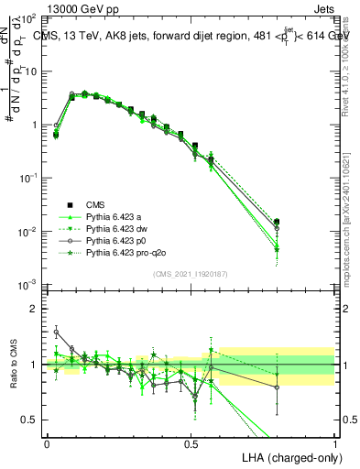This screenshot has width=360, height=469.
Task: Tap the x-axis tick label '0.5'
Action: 191,442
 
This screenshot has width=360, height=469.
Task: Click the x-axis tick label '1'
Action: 334,442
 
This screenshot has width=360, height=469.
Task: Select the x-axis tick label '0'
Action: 47,442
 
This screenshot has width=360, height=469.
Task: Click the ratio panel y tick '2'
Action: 35,309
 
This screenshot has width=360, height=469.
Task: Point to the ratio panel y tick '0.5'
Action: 30,420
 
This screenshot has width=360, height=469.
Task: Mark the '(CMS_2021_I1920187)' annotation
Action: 191,274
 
